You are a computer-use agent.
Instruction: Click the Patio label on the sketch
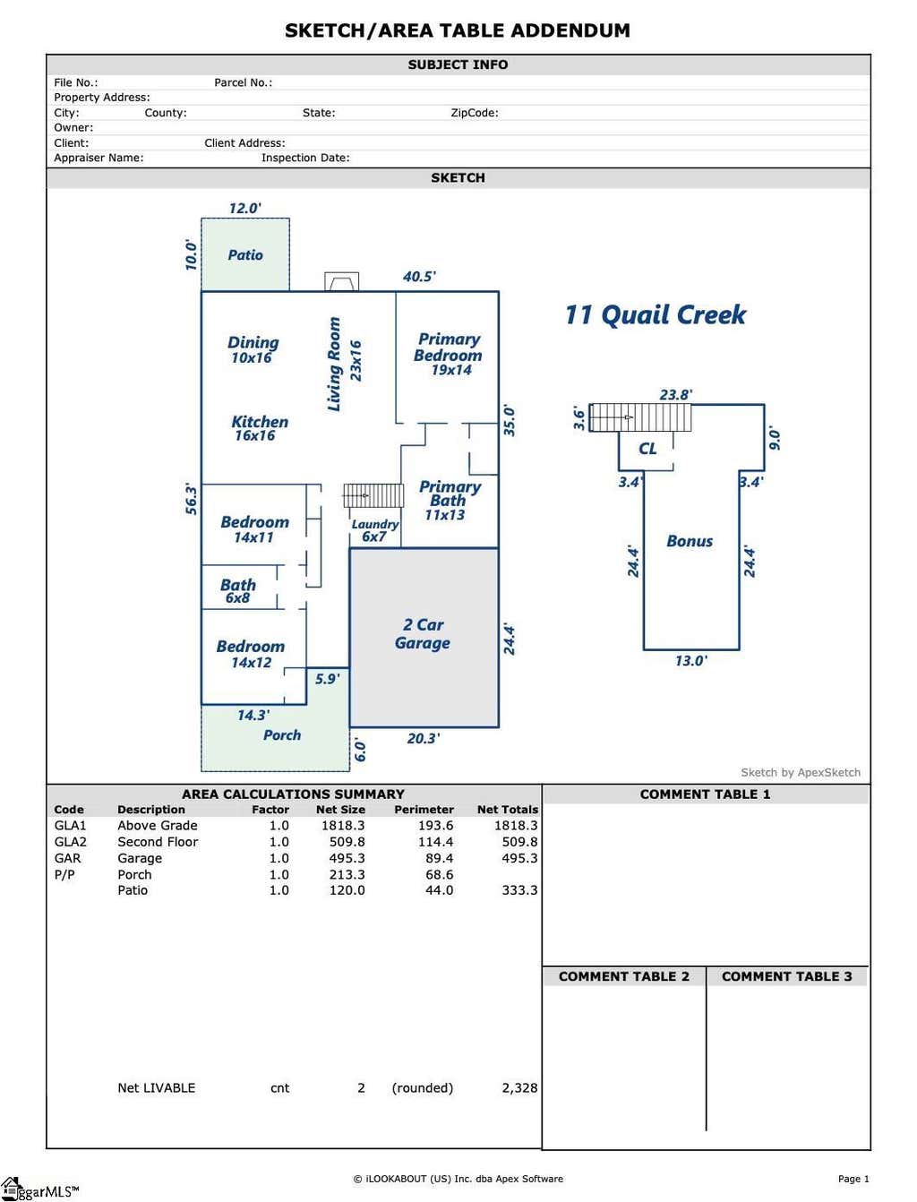click(245, 254)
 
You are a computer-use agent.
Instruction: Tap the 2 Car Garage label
click(422, 633)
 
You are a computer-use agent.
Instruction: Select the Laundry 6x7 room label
click(374, 530)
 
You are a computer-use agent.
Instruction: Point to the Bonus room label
click(690, 541)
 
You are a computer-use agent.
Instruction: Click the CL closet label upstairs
click(647, 449)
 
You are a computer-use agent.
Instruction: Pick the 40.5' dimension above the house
click(419, 276)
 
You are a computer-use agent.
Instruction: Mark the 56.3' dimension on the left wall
click(191, 498)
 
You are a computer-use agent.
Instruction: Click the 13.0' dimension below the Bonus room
click(691, 660)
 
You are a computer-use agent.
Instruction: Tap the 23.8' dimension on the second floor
click(675, 394)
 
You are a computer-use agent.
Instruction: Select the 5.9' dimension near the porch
click(327, 679)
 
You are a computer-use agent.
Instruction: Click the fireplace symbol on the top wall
click(341, 281)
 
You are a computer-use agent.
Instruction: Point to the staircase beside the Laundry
click(373, 495)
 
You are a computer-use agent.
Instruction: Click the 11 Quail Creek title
click(655, 315)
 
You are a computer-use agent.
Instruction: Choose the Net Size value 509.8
click(347, 842)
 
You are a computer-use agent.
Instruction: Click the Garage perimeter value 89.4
click(439, 858)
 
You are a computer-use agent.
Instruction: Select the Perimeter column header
click(424, 810)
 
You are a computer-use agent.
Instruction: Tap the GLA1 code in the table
click(70, 825)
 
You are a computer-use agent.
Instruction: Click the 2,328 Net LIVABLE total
click(519, 1088)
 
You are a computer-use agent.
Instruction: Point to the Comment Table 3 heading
click(787, 976)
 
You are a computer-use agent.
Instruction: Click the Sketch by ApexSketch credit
click(801, 772)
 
